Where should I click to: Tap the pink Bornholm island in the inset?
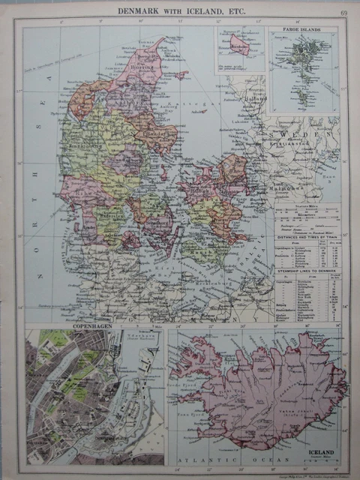(239, 44)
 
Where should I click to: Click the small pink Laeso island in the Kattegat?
(181, 75)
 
